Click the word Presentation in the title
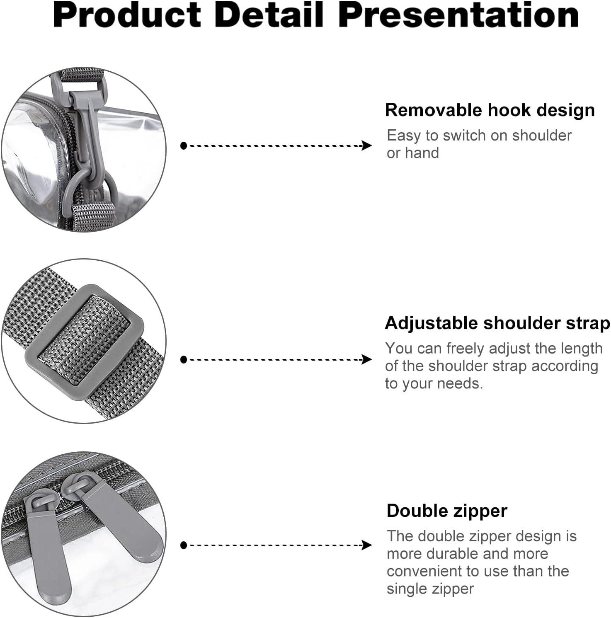click(458, 15)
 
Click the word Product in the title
click(127, 15)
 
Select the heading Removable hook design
click(490, 110)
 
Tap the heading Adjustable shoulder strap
click(497, 323)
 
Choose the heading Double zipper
click(447, 511)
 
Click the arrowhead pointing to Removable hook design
click(367, 145)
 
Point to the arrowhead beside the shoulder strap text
click(367, 359)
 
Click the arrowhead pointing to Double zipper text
click(367, 545)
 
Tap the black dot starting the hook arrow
click(184, 145)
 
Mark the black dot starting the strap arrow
click(184, 359)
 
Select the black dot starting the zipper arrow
click(184, 545)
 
